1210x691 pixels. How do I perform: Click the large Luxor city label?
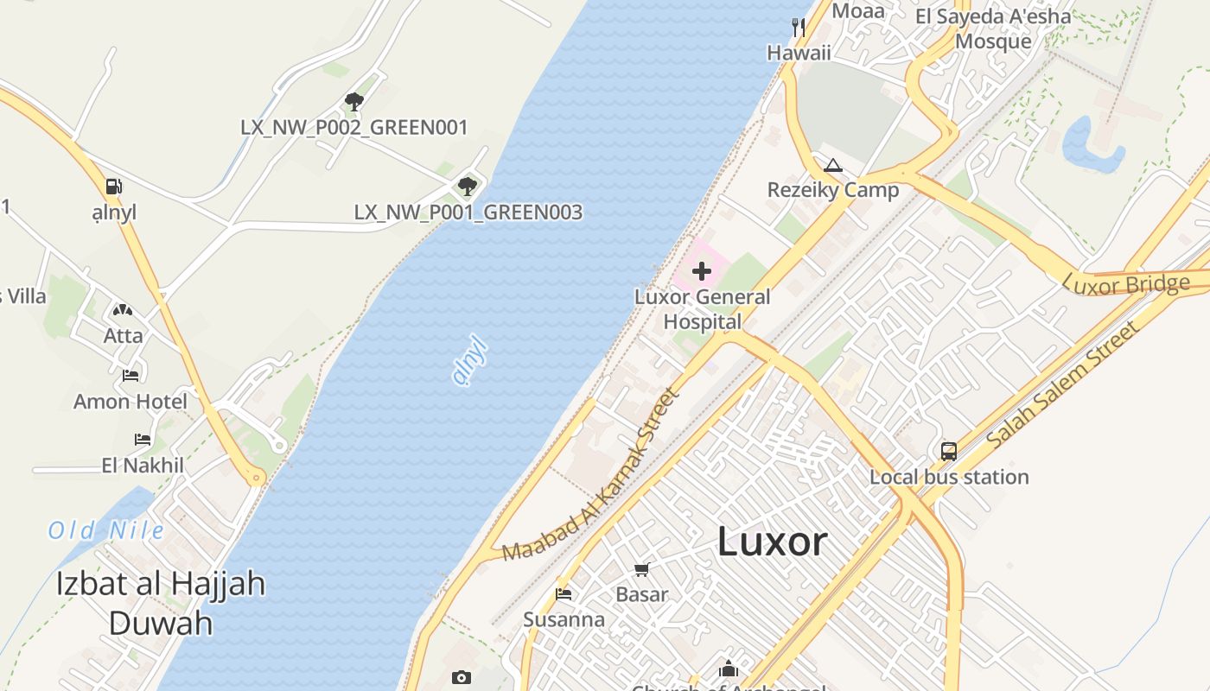pyautogui.click(x=772, y=542)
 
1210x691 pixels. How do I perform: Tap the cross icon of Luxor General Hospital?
pyautogui.click(x=702, y=271)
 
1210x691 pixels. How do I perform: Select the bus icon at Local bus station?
pyautogui.click(x=948, y=451)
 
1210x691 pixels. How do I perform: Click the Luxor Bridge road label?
pyautogui.click(x=1125, y=284)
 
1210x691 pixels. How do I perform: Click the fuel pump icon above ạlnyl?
pyautogui.click(x=113, y=187)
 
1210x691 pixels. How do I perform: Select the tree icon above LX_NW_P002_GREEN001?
pyautogui.click(x=353, y=102)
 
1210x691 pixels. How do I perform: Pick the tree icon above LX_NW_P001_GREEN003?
pyautogui.click(x=468, y=186)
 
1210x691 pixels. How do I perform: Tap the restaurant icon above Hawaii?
pyautogui.click(x=799, y=28)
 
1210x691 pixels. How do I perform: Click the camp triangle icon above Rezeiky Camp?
pyautogui.click(x=832, y=165)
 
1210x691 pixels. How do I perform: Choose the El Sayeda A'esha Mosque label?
pyautogui.click(x=993, y=29)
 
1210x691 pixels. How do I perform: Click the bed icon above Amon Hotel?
pyautogui.click(x=131, y=376)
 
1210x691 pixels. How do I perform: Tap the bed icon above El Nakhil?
pyautogui.click(x=143, y=440)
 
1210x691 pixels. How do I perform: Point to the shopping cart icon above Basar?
pyautogui.click(x=641, y=569)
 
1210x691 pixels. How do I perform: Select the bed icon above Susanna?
pyautogui.click(x=564, y=594)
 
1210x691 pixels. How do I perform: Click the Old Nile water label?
pyautogui.click(x=105, y=529)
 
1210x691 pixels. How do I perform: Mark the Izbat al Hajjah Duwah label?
pyautogui.click(x=161, y=603)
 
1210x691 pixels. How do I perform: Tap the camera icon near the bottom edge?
pyautogui.click(x=462, y=677)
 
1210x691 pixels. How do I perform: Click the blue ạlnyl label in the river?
pyautogui.click(x=470, y=362)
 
